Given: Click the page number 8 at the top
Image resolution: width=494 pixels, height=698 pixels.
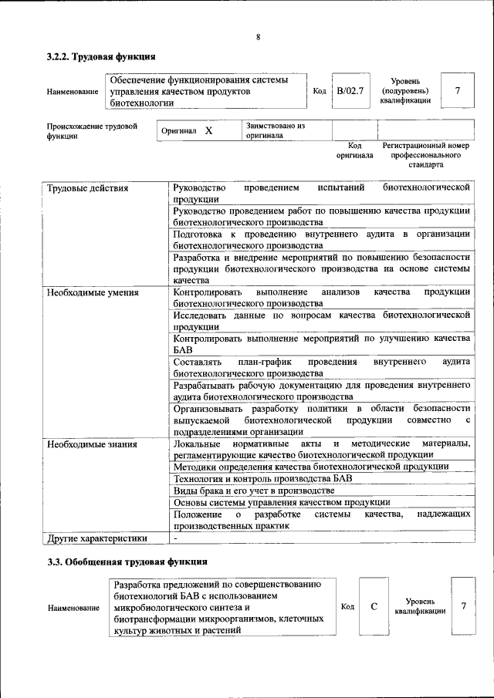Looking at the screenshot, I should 258,37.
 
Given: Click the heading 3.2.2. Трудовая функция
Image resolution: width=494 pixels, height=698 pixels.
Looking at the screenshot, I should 101,56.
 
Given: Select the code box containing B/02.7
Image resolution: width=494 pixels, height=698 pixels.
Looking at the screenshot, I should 350,91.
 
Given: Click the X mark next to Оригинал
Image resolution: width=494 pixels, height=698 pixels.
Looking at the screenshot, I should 208,131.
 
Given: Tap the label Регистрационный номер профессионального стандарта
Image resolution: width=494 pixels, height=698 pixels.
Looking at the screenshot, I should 426,155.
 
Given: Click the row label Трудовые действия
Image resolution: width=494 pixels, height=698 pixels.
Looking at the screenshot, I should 87,188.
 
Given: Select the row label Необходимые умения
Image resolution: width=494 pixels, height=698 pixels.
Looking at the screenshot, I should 92,292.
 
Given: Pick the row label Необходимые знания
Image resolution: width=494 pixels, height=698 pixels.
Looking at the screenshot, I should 91,444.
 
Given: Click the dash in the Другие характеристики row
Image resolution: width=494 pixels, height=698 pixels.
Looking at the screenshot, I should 176,538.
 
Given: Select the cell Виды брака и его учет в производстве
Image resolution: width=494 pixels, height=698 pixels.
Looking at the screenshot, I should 254,491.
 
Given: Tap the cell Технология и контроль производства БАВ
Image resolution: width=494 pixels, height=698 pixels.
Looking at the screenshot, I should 262,478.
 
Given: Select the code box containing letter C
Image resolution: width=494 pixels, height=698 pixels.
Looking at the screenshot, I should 374,606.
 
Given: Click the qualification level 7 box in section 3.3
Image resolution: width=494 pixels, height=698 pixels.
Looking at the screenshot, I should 463,606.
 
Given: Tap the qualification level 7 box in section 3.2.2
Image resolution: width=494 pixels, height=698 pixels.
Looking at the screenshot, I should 458,91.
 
